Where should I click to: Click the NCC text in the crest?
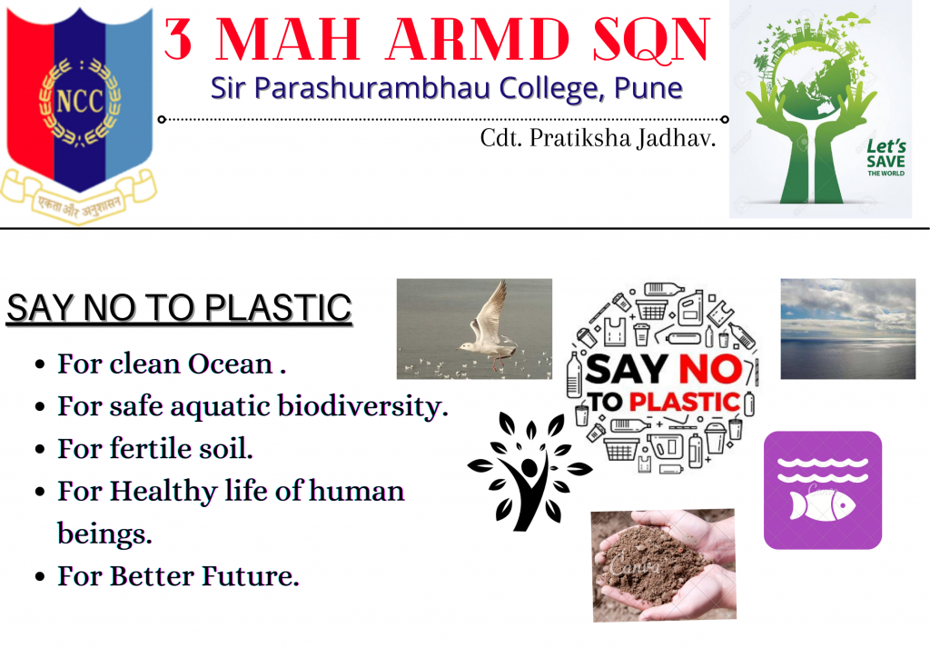coord(80,101)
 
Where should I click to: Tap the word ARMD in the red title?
coord(478,39)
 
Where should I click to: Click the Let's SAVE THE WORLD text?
coord(886,157)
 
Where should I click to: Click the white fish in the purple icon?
coord(822,504)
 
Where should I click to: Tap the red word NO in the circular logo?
coord(710,370)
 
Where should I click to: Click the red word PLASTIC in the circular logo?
coord(685,402)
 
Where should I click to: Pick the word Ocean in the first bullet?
coord(230,364)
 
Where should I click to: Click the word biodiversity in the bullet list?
coord(363,407)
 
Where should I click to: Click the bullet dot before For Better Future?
coord(40,577)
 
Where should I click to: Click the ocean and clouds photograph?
coord(848,329)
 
